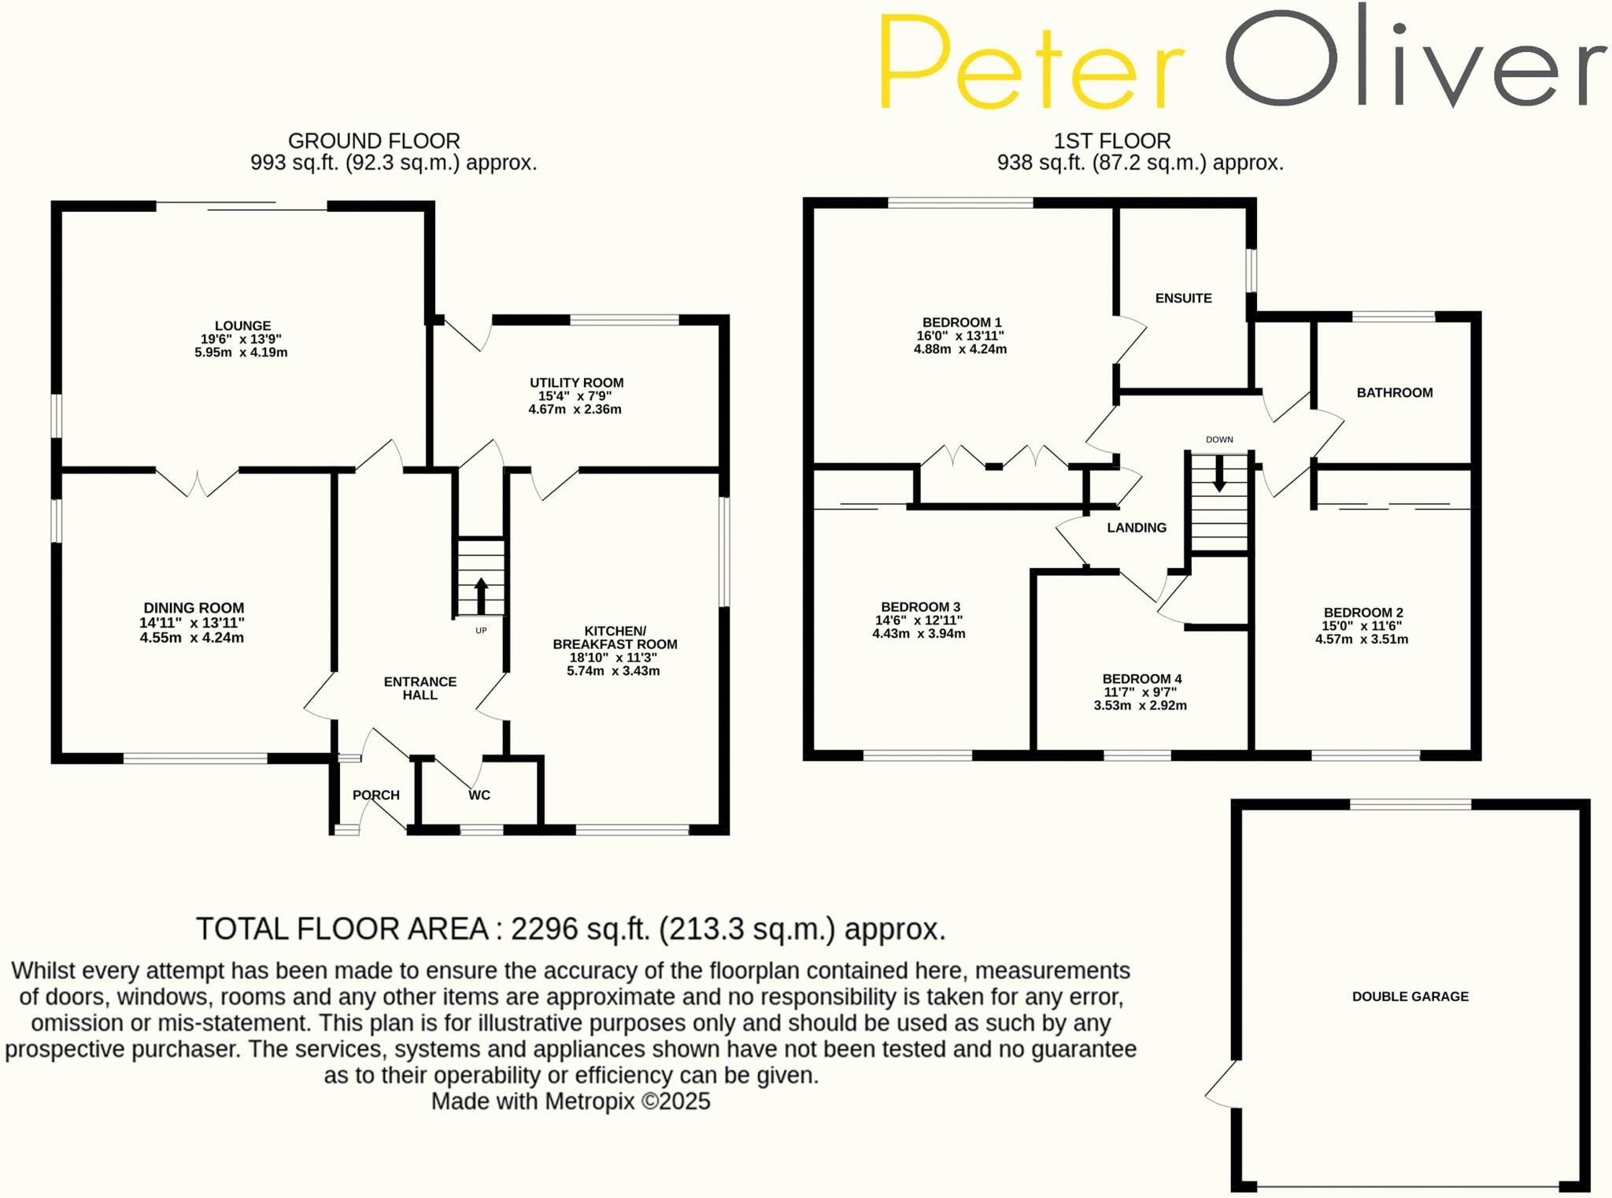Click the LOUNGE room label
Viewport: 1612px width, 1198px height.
(242, 326)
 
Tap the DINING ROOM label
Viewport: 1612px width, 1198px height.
(194, 608)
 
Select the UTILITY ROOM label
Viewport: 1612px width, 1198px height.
(576, 383)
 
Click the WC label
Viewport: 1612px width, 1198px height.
(479, 796)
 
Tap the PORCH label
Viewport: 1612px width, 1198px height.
(376, 796)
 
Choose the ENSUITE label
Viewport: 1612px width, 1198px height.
(1183, 299)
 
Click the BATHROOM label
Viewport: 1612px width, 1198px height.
(1394, 393)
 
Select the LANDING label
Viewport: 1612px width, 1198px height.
(1137, 528)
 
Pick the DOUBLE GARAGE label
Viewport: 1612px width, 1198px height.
(1410, 996)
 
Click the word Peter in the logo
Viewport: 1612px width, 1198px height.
(1031, 63)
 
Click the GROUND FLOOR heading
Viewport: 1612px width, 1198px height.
(374, 141)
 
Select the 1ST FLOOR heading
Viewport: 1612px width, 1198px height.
(1111, 141)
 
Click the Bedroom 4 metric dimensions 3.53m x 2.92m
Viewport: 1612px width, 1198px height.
(1140, 706)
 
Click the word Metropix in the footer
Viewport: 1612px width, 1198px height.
(590, 1101)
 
